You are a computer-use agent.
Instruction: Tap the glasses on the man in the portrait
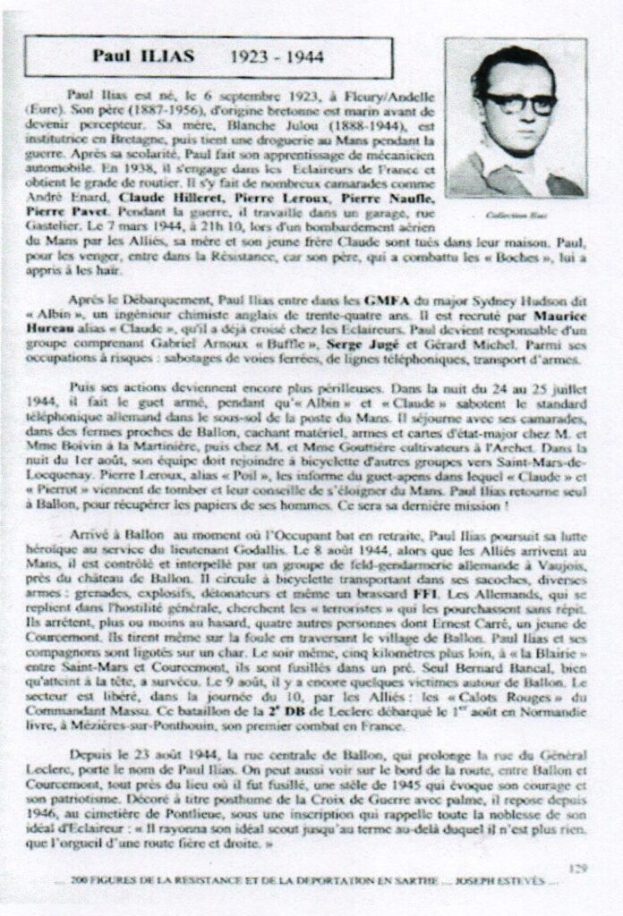[520, 103]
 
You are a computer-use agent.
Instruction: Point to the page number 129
[578, 866]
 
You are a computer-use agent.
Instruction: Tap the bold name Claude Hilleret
[159, 194]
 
